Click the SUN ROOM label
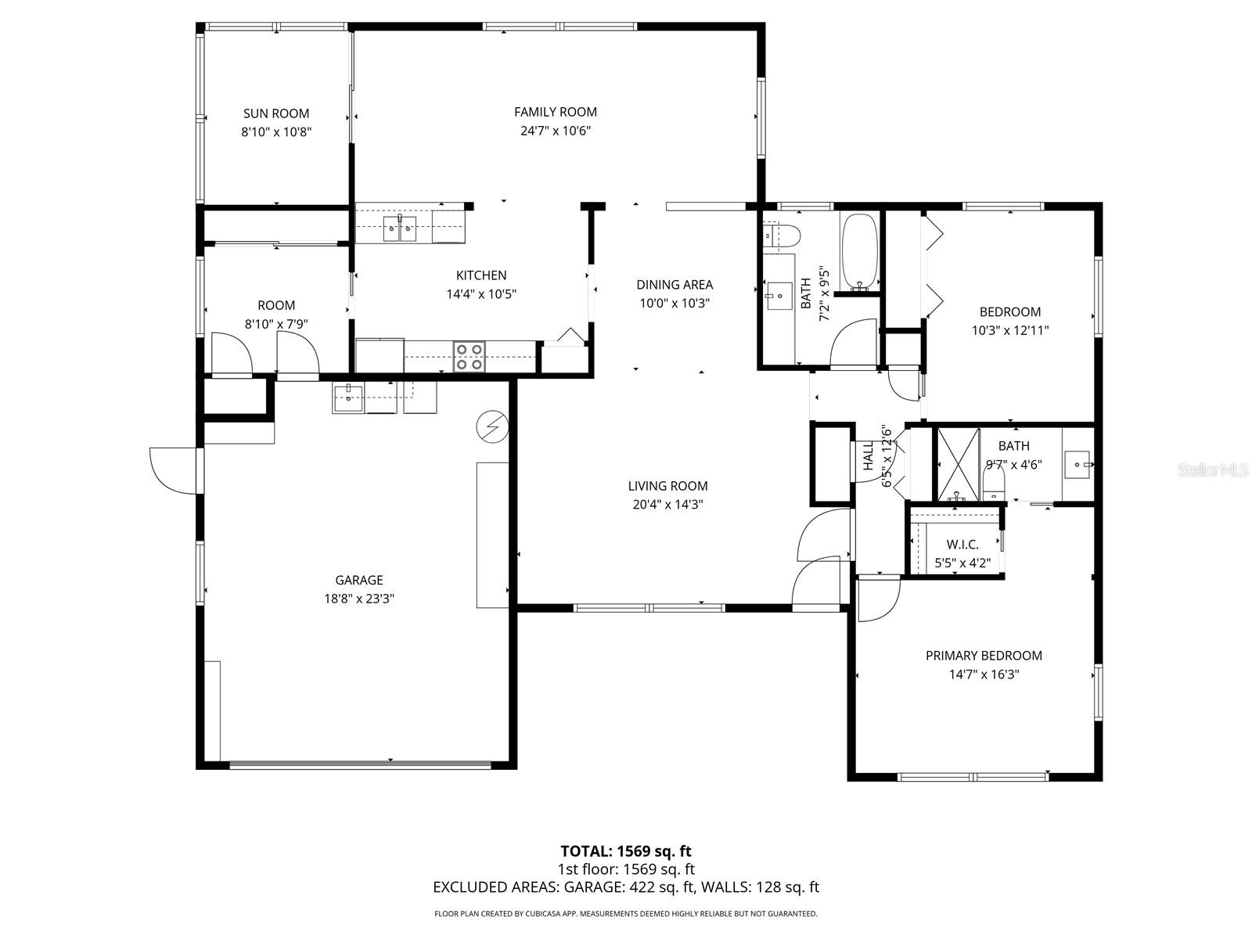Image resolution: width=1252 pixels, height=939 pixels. pyautogui.click(x=276, y=113)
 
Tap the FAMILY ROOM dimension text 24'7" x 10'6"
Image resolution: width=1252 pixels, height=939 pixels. pyautogui.click(x=556, y=131)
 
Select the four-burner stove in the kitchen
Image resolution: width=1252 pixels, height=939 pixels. pyautogui.click(x=469, y=357)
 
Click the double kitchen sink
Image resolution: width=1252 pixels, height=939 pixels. pyautogui.click(x=400, y=228)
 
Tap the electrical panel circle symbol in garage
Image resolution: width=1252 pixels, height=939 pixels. pyautogui.click(x=492, y=427)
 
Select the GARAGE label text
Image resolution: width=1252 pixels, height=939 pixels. pyautogui.click(x=359, y=580)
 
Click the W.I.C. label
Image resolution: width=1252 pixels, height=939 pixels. pyautogui.click(x=962, y=545)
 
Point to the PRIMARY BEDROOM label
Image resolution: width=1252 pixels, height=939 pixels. pyautogui.click(x=984, y=656)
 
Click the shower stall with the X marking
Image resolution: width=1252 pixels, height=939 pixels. pyautogui.click(x=958, y=463)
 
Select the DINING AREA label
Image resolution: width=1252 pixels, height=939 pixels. pyautogui.click(x=674, y=285)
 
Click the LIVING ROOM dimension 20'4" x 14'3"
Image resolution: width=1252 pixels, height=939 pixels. pyautogui.click(x=667, y=505)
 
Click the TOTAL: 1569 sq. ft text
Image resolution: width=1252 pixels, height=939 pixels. pyautogui.click(x=626, y=851)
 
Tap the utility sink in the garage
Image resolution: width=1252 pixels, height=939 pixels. pyautogui.click(x=348, y=398)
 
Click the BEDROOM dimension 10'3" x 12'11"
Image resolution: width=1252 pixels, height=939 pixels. pyautogui.click(x=1009, y=330)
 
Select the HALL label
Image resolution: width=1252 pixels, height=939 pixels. pyautogui.click(x=868, y=456)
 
